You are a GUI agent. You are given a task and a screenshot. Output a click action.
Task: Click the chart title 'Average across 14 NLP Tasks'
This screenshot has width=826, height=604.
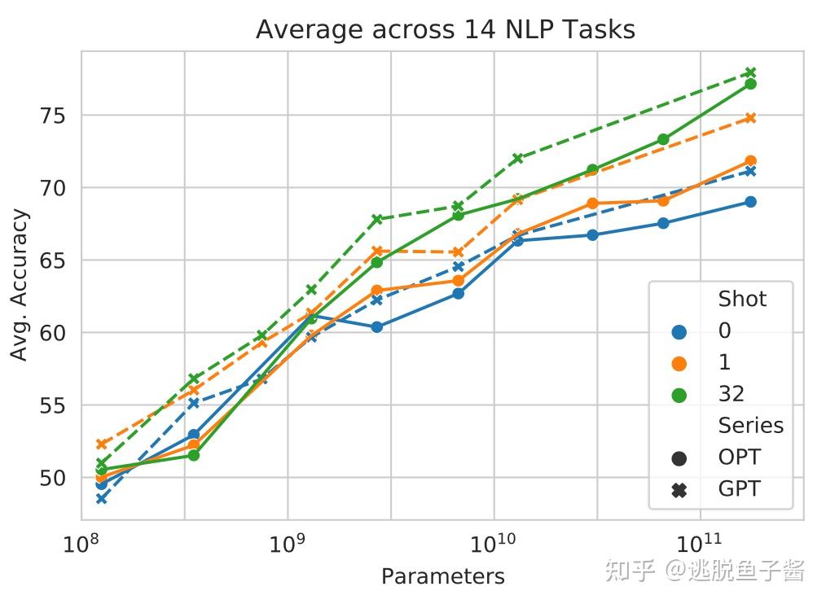[445, 30]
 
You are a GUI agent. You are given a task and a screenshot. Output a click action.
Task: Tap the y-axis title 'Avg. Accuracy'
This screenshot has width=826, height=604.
[20, 285]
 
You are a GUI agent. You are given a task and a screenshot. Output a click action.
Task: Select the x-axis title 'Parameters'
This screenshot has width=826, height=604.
[442, 577]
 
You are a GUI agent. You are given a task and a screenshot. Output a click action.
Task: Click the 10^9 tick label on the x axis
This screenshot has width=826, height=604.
[287, 544]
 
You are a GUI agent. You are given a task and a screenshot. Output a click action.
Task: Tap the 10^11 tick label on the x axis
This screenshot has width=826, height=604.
[700, 544]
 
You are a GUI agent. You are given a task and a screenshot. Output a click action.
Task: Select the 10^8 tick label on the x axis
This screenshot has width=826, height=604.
[81, 544]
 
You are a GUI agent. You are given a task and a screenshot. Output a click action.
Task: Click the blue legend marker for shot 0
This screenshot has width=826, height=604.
[678, 331]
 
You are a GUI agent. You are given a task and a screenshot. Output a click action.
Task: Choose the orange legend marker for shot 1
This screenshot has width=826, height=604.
[678, 363]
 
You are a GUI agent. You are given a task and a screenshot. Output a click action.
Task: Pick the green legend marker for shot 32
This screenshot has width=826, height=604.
[678, 395]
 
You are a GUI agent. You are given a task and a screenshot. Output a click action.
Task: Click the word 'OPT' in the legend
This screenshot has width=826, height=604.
[740, 458]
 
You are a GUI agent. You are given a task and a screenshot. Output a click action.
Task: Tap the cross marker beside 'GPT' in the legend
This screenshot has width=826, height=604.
[678, 490]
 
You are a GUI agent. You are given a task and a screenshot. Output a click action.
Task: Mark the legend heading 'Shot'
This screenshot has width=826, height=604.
[742, 300]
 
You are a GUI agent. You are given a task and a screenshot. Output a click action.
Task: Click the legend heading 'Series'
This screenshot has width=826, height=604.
[750, 427]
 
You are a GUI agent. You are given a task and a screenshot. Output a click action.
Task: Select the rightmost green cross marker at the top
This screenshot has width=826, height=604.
[751, 72]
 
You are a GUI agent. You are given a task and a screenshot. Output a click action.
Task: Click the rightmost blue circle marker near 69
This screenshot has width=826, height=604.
[750, 202]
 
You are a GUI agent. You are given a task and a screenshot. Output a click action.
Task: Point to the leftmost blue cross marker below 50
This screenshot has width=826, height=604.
[101, 498]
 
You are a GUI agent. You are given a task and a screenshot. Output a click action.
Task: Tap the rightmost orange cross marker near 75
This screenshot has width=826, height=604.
[751, 118]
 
